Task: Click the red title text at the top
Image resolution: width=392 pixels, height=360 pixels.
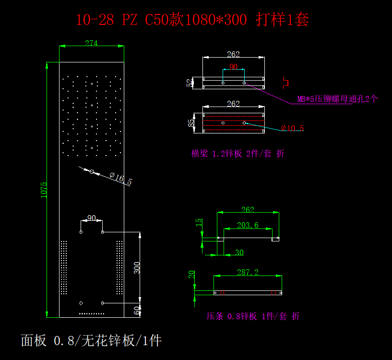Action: (192, 20)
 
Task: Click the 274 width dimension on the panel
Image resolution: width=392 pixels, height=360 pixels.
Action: (91, 43)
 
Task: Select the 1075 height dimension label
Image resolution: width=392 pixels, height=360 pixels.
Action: (44, 190)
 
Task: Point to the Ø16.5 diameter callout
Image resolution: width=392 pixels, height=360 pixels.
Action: (121, 180)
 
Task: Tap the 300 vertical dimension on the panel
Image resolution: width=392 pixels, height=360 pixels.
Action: (137, 268)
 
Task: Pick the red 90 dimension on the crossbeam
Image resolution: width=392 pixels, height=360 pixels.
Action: (233, 67)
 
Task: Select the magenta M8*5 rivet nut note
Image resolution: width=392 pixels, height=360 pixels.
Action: (337, 99)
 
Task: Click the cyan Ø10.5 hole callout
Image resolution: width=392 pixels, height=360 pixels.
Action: (292, 128)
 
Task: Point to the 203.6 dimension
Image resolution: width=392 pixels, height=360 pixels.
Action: (248, 225)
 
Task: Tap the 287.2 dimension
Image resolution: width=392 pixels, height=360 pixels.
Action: (248, 272)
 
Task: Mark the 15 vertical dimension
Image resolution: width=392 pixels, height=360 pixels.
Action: (199, 222)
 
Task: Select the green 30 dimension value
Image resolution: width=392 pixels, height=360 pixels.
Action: (239, 252)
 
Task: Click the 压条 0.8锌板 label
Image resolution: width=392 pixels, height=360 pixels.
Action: (253, 316)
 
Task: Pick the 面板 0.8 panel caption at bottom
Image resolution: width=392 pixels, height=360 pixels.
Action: (91, 341)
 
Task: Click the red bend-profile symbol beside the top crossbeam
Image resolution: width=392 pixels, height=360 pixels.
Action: (285, 82)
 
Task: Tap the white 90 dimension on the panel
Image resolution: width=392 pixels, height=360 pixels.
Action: (91, 217)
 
